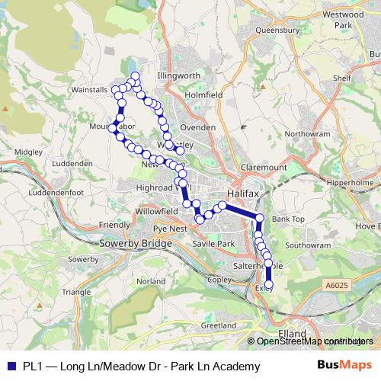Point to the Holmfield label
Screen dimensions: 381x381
tap(203, 94)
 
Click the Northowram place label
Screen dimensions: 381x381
tap(306, 133)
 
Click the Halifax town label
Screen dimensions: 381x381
tap(243, 194)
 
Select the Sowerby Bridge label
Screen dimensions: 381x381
tap(131, 244)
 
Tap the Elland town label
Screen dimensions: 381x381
tap(290, 333)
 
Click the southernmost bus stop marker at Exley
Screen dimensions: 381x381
tap(268, 284)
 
